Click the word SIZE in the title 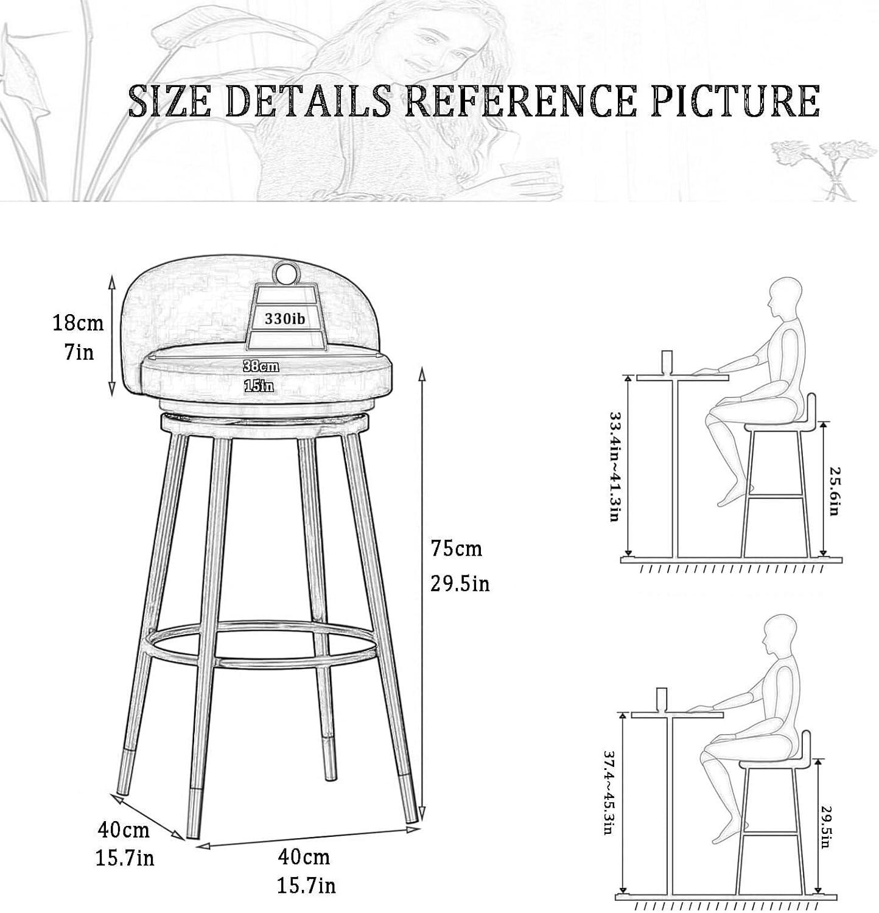[x=170, y=101]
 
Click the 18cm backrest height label [x=78, y=323]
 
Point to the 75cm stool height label [x=456, y=549]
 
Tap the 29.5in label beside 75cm [x=460, y=584]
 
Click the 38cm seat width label [x=261, y=366]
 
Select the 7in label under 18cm [x=79, y=352]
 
